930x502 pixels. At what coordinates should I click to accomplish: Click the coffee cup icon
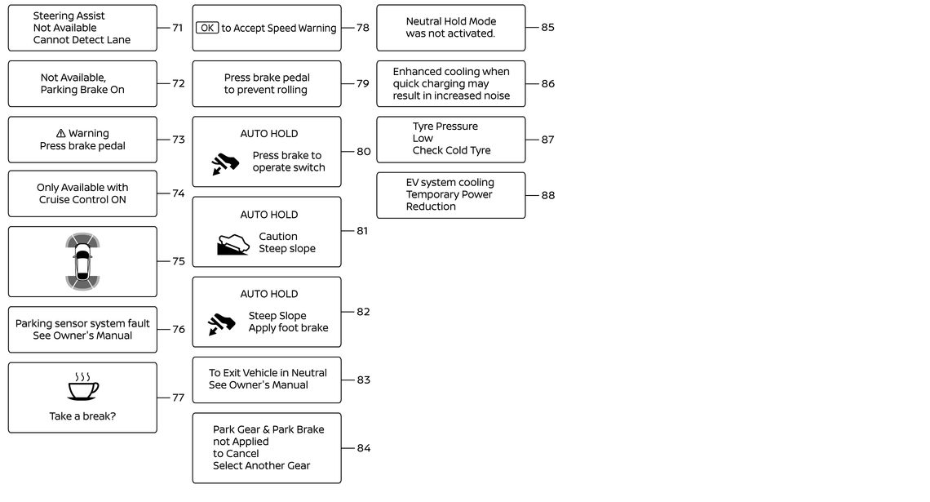(x=83, y=387)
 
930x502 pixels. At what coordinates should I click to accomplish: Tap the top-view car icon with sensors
(x=82, y=261)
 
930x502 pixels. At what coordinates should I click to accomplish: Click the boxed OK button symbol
(x=207, y=28)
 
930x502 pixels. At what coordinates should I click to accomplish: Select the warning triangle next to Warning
(x=60, y=134)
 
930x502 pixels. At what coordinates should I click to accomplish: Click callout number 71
(x=177, y=28)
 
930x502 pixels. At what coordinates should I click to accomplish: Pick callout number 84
(x=364, y=448)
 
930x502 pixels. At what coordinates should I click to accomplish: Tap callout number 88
(x=548, y=195)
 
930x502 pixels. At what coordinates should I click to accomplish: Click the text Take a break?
(x=82, y=416)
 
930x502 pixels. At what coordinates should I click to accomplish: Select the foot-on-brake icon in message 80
(x=225, y=164)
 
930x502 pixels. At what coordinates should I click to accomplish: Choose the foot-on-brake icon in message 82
(x=222, y=324)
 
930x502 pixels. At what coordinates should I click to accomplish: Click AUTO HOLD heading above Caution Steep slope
(x=268, y=215)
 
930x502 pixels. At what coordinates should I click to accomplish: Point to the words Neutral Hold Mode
(x=451, y=21)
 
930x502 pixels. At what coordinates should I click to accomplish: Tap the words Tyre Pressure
(x=445, y=127)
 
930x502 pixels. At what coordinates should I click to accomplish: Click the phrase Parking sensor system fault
(x=82, y=323)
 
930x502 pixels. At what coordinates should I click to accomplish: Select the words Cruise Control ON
(x=82, y=199)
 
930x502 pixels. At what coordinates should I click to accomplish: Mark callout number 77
(x=178, y=398)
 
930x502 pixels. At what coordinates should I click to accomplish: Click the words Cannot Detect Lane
(x=82, y=40)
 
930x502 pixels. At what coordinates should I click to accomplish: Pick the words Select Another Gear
(x=262, y=466)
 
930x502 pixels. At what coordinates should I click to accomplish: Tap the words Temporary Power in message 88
(x=449, y=194)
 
